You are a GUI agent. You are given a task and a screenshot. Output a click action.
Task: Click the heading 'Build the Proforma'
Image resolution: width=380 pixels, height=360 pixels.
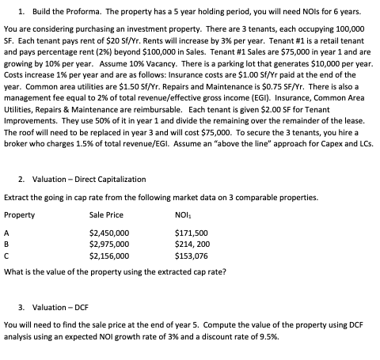pyautogui.click(x=74, y=10)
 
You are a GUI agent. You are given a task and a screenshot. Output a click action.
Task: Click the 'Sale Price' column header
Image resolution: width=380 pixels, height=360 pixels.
pyautogui.click(x=106, y=216)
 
